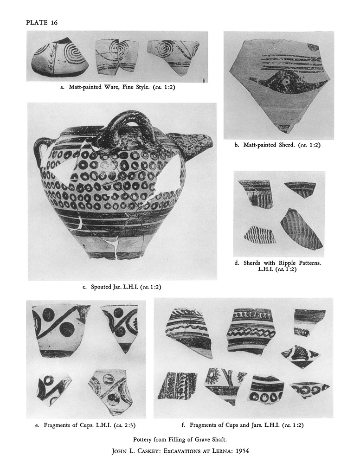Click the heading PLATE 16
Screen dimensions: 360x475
click(x=42, y=23)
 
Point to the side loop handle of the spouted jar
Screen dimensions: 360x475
click(x=42, y=152)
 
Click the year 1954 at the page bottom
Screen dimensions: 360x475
click(x=244, y=451)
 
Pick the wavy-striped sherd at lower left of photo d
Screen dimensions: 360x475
click(x=260, y=234)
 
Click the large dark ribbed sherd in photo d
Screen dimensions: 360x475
click(x=301, y=227)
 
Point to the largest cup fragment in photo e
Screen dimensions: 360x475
click(x=61, y=331)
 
